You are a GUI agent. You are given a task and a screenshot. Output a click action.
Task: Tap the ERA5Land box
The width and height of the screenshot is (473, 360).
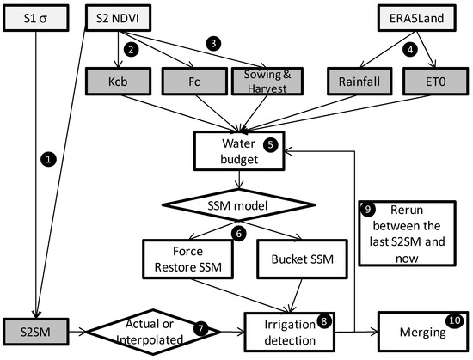(x=416, y=17)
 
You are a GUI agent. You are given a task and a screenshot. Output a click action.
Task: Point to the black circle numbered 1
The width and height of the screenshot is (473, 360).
(x=49, y=159)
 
